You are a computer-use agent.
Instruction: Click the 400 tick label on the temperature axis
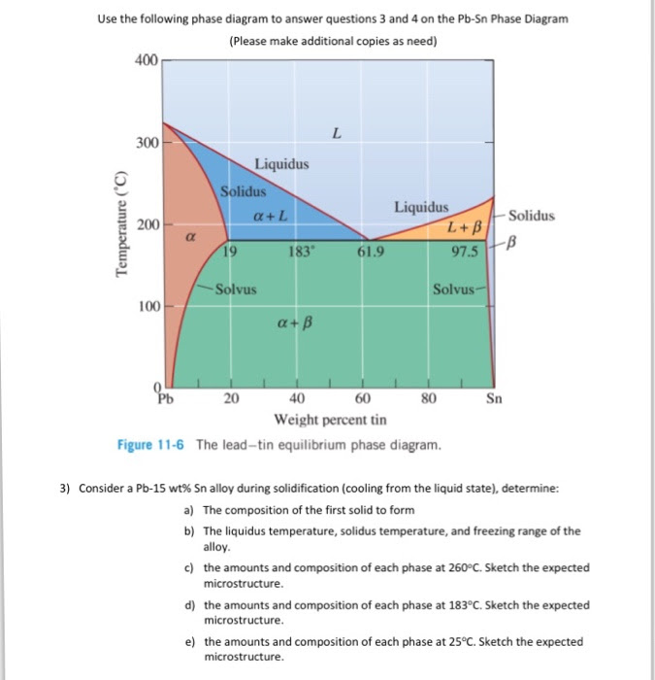coord(147,61)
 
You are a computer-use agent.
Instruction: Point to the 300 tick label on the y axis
coord(147,144)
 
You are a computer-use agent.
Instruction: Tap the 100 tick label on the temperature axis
coord(147,307)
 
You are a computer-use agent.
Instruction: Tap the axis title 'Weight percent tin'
coord(329,420)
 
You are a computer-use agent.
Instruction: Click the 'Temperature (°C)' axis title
coord(120,223)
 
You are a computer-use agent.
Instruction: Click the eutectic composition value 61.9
coord(371,253)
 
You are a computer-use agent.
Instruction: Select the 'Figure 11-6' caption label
coord(153,445)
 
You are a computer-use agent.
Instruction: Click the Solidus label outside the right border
coord(531,215)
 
